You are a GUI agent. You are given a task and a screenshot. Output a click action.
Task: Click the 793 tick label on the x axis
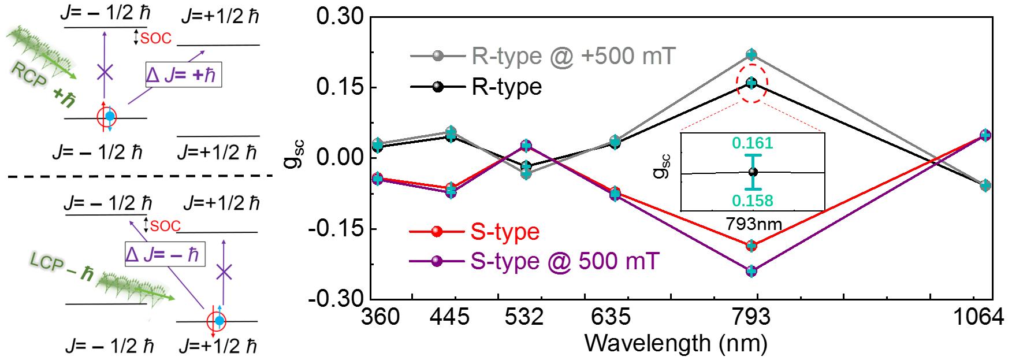[752, 317]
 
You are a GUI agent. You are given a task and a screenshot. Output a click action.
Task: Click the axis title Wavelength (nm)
[676, 344]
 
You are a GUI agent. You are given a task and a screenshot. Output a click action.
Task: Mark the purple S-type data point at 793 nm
[751, 271]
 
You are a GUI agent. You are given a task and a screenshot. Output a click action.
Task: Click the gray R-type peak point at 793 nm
[751, 55]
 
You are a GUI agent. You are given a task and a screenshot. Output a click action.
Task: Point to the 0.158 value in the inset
[753, 200]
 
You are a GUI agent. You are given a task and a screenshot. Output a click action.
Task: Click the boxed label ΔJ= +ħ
[183, 76]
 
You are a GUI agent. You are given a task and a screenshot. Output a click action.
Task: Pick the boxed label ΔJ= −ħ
[164, 254]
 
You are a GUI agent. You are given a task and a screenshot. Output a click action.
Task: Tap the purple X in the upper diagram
[104, 72]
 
